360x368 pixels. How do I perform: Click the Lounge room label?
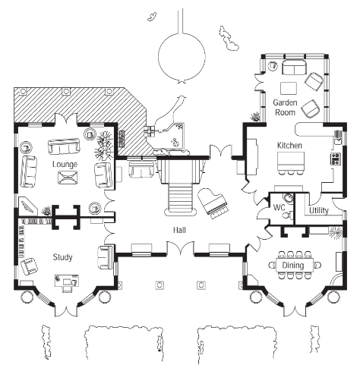(x=65, y=164)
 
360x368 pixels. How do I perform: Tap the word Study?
(x=62, y=257)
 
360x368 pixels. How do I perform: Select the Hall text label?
(x=179, y=230)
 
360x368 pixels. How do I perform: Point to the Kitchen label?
(x=289, y=146)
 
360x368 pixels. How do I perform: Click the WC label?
(x=279, y=208)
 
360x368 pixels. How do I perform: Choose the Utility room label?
(x=319, y=210)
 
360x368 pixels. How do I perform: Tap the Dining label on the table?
(x=293, y=266)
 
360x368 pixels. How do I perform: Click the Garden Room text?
(x=285, y=107)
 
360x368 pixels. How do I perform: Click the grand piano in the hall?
(x=214, y=203)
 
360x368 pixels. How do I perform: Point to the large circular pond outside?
(x=182, y=55)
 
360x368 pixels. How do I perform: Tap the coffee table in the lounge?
(x=68, y=178)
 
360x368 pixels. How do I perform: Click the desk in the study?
(x=67, y=281)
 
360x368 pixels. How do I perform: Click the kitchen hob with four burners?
(x=336, y=159)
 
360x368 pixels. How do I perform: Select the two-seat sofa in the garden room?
(x=294, y=68)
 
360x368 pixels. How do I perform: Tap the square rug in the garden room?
(x=289, y=88)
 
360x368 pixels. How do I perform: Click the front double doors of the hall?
(x=180, y=248)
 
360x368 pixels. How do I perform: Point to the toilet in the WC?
(x=287, y=215)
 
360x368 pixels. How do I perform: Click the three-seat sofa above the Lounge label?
(x=64, y=146)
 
